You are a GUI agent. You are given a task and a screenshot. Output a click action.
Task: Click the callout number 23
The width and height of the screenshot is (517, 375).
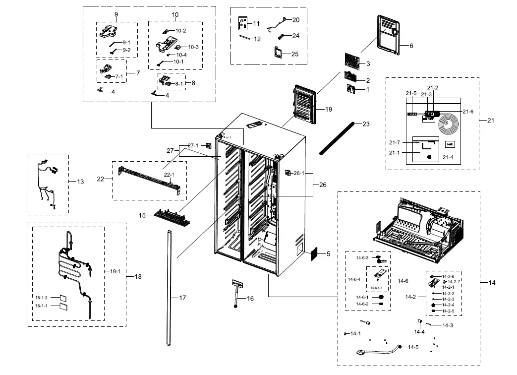pyautogui.click(x=366, y=124)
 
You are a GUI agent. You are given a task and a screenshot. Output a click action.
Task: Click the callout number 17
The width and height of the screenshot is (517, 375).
pyautogui.click(x=182, y=298)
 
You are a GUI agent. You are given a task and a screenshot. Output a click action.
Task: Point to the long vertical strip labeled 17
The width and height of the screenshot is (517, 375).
pyautogui.click(x=169, y=288)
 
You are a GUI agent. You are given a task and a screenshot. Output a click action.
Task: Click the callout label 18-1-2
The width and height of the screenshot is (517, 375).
pyautogui.click(x=41, y=297)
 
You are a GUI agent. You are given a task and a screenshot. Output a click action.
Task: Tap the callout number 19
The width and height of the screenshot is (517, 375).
pyautogui.click(x=328, y=109)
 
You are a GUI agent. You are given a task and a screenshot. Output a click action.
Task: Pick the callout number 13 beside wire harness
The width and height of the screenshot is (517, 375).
pyautogui.click(x=80, y=182)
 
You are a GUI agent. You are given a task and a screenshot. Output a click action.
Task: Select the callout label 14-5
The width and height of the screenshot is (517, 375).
pyautogui.click(x=413, y=347)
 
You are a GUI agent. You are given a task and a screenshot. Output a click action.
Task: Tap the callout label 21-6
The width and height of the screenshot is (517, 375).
pyautogui.click(x=468, y=112)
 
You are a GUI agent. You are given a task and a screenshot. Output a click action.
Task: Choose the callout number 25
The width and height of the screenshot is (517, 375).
pyautogui.click(x=295, y=54)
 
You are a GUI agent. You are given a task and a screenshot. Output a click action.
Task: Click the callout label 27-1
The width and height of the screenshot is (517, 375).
pyautogui.click(x=193, y=145)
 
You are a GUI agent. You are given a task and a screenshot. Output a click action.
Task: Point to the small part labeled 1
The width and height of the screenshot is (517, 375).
pyautogui.click(x=352, y=89)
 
